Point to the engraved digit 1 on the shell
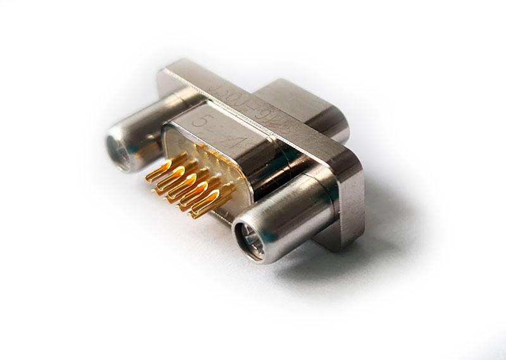(236, 144)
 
